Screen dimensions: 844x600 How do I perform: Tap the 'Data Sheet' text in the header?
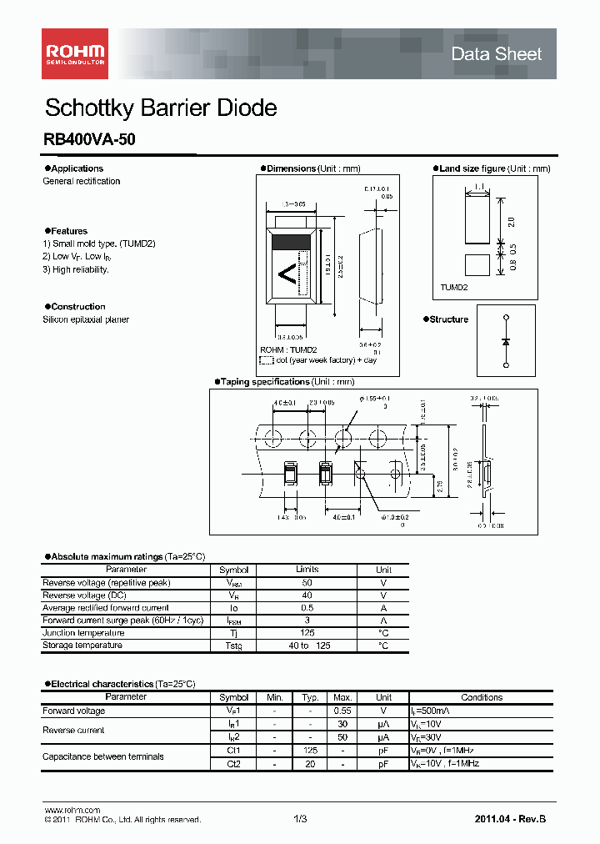(496, 54)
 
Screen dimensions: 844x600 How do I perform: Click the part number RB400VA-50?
(89, 141)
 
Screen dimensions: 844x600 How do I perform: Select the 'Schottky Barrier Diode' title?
(160, 108)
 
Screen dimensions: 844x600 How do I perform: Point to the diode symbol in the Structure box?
(505, 341)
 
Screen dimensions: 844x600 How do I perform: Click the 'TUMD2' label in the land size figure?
(454, 287)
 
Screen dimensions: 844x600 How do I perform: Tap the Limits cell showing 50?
(307, 583)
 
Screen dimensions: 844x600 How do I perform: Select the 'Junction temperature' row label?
(82, 633)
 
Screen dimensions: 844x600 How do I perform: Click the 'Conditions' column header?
(482, 697)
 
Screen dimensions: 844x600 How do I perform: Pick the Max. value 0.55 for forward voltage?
(342, 711)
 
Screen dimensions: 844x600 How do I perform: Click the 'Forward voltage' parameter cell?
(74, 711)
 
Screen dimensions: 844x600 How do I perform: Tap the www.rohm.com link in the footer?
(72, 810)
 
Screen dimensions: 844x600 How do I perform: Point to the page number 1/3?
(300, 819)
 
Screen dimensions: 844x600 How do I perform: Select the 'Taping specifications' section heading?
(264, 382)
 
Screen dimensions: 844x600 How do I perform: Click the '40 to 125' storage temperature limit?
(307, 646)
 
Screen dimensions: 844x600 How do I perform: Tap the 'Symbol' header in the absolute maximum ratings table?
(233, 570)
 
